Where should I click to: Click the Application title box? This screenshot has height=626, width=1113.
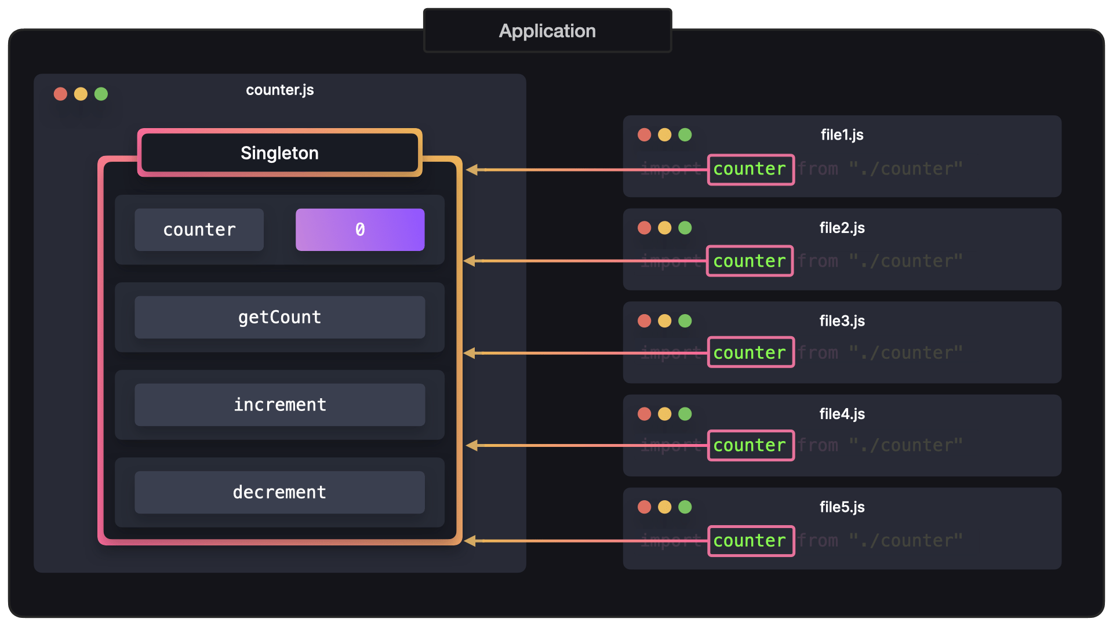click(x=547, y=31)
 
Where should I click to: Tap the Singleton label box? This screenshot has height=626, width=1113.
click(x=279, y=153)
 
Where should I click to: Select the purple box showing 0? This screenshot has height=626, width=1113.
click(x=360, y=230)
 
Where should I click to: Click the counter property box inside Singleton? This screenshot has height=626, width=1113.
click(x=199, y=230)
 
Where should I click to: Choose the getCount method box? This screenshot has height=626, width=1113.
click(x=279, y=317)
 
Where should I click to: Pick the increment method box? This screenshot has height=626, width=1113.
click(x=279, y=405)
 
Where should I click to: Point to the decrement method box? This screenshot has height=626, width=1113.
click(x=279, y=492)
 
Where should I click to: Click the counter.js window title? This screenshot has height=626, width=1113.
click(x=279, y=90)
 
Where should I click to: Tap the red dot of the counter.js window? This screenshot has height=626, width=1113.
click(x=60, y=94)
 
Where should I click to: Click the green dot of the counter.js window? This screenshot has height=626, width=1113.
click(x=101, y=94)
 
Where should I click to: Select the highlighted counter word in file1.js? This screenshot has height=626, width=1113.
click(x=750, y=169)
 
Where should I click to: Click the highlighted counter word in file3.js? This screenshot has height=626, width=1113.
click(x=750, y=352)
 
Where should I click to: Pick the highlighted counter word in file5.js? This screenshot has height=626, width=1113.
click(x=750, y=541)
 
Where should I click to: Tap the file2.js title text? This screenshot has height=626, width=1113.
click(x=842, y=228)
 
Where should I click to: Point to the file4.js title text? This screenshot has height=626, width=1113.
click(x=842, y=414)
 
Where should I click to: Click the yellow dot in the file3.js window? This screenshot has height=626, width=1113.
click(x=664, y=321)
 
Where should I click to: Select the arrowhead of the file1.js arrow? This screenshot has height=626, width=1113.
click(x=472, y=170)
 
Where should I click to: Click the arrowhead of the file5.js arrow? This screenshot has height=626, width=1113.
click(x=470, y=541)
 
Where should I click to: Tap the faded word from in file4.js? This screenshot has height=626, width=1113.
click(x=818, y=445)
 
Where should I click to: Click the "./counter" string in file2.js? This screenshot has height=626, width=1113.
click(x=905, y=261)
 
